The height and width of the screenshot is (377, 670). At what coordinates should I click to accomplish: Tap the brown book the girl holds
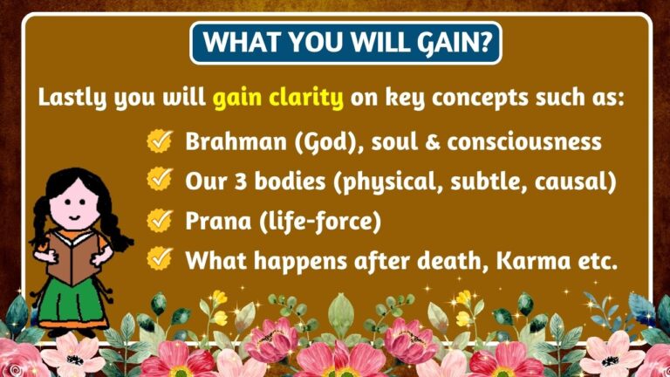(x=72, y=252)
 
